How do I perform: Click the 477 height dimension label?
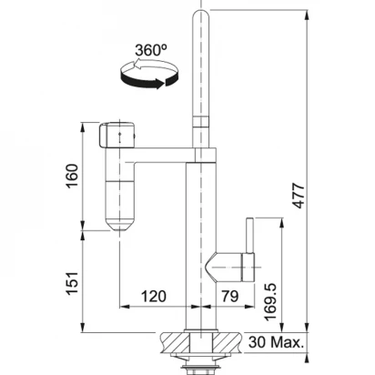coord(299,196)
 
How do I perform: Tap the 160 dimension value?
coord(72,176)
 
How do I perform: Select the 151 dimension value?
coord(72,283)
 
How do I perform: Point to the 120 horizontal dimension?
coord(154,296)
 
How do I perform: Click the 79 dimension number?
coord(230,296)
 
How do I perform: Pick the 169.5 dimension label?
coord(270,302)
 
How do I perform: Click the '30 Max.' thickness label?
coord(276,342)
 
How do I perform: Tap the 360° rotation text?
coord(151,50)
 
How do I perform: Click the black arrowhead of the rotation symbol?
coord(160,83)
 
